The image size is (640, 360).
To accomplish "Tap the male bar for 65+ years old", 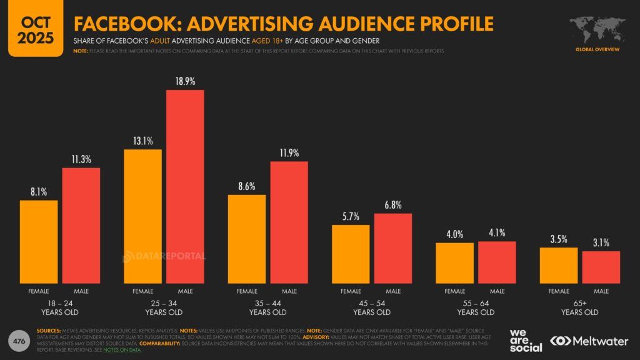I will click(601, 267).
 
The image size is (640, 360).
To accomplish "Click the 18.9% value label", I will click(185, 81).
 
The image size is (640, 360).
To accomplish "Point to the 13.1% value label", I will click(143, 141).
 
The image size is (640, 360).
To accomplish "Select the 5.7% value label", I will click(351, 216).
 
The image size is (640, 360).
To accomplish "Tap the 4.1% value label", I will click(497, 233).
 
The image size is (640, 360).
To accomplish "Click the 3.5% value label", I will click(559, 239).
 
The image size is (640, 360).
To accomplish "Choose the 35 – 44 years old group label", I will click(267, 307).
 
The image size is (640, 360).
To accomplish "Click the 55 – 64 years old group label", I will click(476, 307).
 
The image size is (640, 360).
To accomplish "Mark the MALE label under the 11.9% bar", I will click(289, 291).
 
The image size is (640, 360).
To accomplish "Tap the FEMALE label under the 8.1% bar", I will click(39, 291).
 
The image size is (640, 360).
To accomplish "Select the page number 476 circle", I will click(19, 341).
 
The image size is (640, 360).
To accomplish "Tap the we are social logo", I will click(526, 340).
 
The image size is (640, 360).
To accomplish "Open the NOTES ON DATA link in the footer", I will click(126, 349).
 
